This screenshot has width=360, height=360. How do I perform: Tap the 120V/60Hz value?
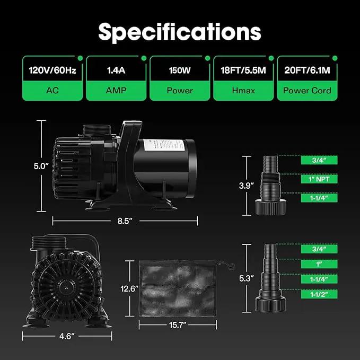pyautogui.click(x=52, y=70)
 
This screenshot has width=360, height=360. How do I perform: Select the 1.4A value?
pyautogui.click(x=116, y=70)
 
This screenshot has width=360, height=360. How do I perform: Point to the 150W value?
pyautogui.click(x=180, y=70)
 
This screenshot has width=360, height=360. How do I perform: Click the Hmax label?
pyautogui.click(x=243, y=91)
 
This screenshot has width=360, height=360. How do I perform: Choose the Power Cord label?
pyautogui.click(x=307, y=91)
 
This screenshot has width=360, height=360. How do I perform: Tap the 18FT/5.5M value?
pyautogui.click(x=243, y=70)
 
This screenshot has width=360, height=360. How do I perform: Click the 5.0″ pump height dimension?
pyautogui.click(x=41, y=166)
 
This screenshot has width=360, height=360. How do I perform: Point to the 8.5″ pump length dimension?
pyautogui.click(x=125, y=221)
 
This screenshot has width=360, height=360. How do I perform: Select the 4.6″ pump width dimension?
pyautogui.click(x=67, y=336)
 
